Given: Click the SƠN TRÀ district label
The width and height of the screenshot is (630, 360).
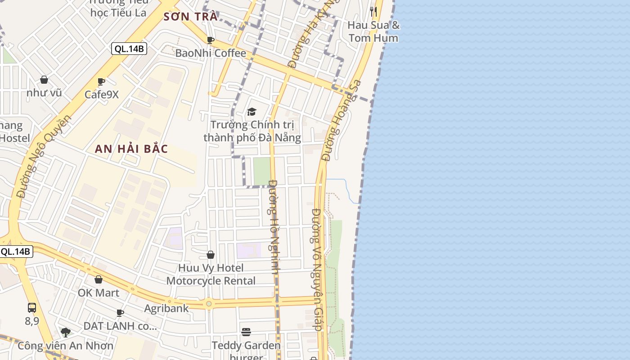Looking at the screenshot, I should (190, 17).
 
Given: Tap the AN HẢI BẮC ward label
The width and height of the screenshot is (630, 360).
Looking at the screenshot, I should (131, 149).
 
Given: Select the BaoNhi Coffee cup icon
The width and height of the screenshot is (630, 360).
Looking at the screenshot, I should (210, 40).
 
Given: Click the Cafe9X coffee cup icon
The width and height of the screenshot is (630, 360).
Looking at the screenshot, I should (101, 82).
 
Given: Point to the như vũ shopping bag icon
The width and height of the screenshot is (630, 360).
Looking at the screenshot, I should (44, 80).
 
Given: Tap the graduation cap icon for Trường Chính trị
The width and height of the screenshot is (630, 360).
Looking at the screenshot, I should (252, 112).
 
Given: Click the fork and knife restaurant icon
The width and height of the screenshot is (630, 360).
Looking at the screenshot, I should (373, 11).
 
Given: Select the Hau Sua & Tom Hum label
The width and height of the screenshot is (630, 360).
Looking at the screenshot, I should (373, 31).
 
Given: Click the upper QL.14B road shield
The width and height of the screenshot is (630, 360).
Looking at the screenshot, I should (129, 49).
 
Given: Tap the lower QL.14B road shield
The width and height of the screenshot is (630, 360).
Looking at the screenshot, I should (16, 252).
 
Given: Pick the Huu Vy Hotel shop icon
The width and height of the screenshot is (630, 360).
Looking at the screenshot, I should (210, 255).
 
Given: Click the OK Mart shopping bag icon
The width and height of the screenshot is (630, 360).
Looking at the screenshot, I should (99, 280).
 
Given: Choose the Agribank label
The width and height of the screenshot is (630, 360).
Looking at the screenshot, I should (166, 309).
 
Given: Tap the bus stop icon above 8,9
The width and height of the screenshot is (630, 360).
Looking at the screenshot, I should (32, 308).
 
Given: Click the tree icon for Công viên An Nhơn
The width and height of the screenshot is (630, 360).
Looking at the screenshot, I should (66, 333).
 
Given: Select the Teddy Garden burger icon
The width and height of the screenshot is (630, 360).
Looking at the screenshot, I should (246, 332).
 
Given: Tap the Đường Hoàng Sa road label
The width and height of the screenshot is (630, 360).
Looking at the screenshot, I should (342, 120).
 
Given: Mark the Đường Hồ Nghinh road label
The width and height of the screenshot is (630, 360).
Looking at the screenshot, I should (274, 227).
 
